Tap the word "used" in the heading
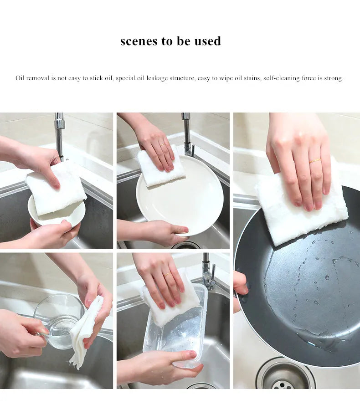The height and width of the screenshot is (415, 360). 206,41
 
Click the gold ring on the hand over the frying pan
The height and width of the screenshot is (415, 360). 315,161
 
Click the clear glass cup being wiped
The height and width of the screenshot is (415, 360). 57,319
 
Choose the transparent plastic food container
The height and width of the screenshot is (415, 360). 175,333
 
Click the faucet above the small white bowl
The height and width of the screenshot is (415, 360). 59,134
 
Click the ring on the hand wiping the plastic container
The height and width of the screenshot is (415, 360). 167,275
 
